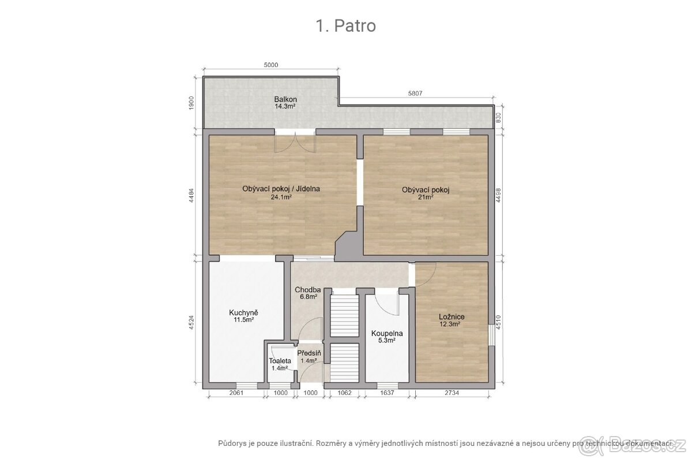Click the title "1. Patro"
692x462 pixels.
[345, 25]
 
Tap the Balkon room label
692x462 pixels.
[285, 99]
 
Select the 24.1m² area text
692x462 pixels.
[281, 197]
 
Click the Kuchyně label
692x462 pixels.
[243, 312]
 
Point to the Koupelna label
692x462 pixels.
[387, 334]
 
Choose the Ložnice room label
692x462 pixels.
[452, 317]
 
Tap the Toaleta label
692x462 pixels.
[280, 361]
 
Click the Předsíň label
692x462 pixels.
[309, 353]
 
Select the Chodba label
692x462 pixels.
[308, 290]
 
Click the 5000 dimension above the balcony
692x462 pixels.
[270, 65]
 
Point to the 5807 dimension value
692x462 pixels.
[415, 93]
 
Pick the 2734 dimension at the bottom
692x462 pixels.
[452, 393]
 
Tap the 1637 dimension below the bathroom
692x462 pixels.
[387, 393]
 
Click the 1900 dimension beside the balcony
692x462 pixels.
[191, 103]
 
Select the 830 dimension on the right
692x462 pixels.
[498, 118]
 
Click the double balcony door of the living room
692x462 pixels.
[295, 141]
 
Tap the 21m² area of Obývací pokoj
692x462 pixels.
[426, 197]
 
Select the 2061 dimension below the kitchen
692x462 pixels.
[236, 393]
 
